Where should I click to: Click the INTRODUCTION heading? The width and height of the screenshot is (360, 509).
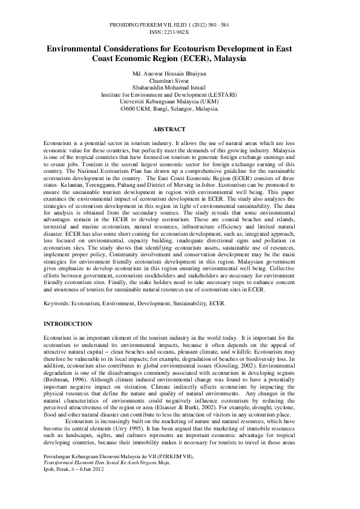68,325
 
